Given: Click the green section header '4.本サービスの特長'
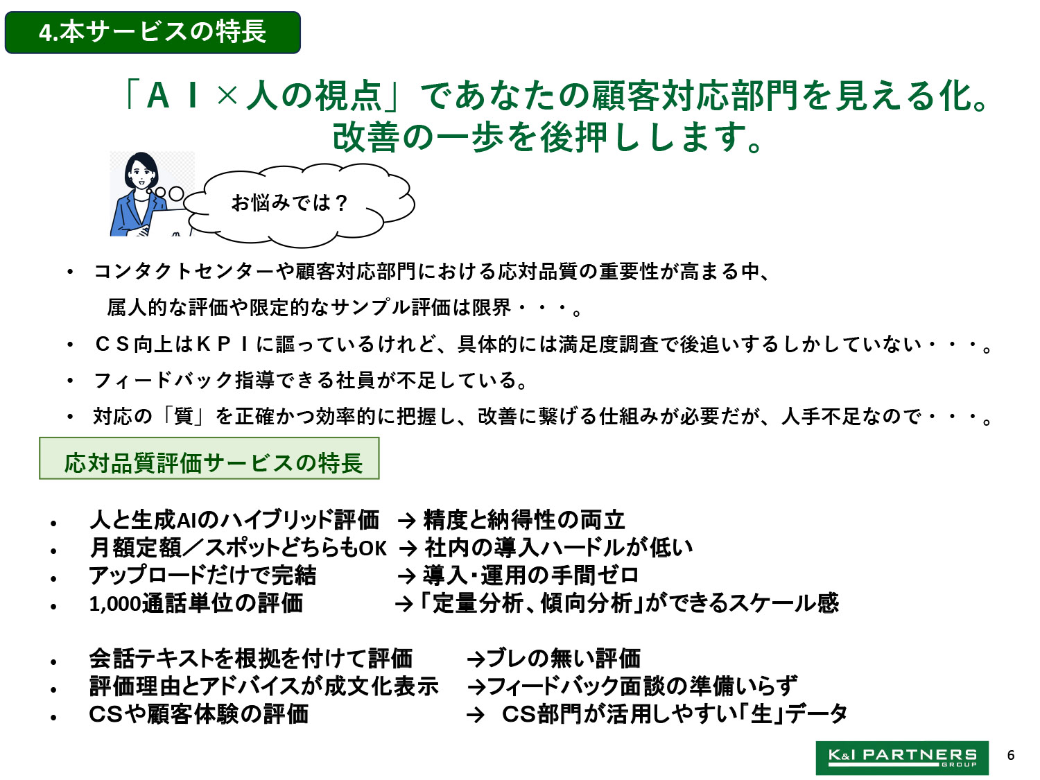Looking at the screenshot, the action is click(x=153, y=32).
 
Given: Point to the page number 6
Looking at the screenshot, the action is click(x=1011, y=755).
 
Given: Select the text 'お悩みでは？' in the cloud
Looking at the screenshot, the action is click(x=290, y=202).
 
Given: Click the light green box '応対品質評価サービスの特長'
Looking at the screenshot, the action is click(x=209, y=458).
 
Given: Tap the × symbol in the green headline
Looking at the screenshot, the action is click(x=227, y=96).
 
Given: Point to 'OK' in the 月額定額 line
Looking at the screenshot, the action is click(x=373, y=548).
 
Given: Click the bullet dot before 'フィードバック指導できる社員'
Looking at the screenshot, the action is click(x=70, y=381).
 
